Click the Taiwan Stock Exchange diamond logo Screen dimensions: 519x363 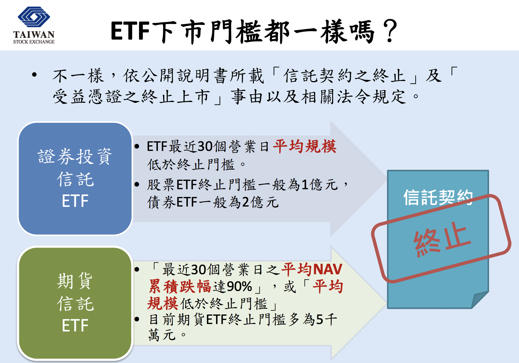coord(34,17)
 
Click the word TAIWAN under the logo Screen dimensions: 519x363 coord(34,35)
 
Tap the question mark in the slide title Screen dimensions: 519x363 coord(390,31)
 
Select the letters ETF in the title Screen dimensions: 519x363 coord(130,31)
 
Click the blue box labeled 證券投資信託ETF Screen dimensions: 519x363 coord(75,179)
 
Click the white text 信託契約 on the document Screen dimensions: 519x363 coord(438,197)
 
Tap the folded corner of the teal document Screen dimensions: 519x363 coord(479,300)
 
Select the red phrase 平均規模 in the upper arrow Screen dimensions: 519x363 coord(305,147)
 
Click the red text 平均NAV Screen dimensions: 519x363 coord(312,270)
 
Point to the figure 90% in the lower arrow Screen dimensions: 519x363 coord(239,286)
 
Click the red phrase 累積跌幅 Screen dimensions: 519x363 coord(179,286)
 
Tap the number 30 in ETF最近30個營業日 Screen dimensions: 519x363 coord(205,147)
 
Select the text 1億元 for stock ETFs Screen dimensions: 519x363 coord(320,185)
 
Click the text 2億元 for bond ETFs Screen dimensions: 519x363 coord(260,202)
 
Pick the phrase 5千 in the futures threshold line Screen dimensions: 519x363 coord(327,319)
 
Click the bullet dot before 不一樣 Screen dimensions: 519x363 coord(35,75)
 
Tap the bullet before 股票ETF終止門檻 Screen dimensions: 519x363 coord(137,185)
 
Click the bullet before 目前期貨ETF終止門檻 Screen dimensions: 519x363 coord(137,319)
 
